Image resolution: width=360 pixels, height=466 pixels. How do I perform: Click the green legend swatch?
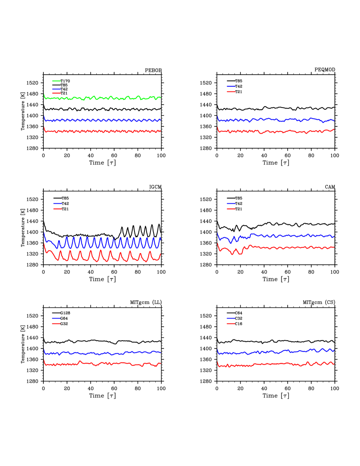coord(56,81)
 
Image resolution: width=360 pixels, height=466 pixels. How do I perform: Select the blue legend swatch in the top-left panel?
coord(56,89)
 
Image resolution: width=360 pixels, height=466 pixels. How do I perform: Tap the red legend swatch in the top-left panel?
coord(56,93)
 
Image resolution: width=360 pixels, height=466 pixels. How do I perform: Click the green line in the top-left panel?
coord(104,98)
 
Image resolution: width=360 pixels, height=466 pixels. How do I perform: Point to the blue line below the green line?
coord(104,120)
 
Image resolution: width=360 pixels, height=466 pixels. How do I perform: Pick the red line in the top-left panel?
coord(104,131)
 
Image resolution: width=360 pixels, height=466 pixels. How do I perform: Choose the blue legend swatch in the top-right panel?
coord(231,87)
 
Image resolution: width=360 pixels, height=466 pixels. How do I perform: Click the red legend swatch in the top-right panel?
coord(231,91)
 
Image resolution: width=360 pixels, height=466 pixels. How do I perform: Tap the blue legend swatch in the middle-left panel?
coord(58,204)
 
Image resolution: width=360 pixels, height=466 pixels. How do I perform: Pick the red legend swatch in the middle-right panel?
coord(231,209)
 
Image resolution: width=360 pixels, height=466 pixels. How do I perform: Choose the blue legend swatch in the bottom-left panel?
coord(56,319)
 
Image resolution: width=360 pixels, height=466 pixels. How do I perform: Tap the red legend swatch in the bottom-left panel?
coord(56,323)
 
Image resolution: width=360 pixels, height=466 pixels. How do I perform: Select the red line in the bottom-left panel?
coord(104,363)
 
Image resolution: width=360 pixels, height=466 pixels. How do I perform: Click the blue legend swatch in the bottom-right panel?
coord(231,319)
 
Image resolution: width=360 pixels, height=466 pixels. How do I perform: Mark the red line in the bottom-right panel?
coord(278,364)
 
